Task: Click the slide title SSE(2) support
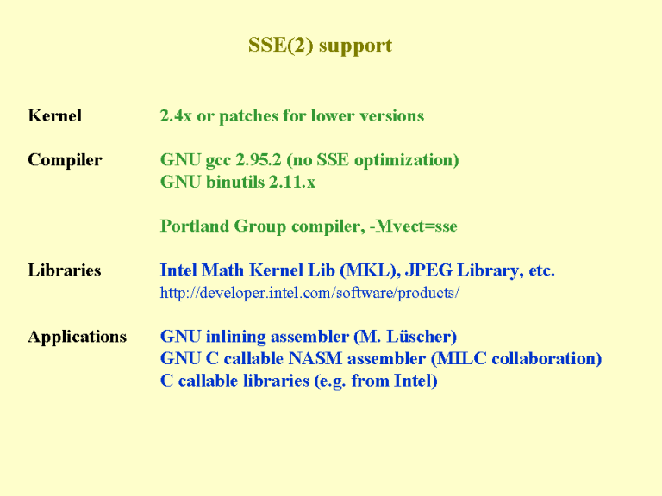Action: click(320, 46)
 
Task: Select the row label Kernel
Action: click(54, 115)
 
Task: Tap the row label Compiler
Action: click(65, 160)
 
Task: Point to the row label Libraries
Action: click(64, 270)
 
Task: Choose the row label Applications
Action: click(78, 337)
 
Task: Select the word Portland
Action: click(195, 226)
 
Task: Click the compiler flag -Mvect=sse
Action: click(414, 226)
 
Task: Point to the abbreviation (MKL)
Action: click(370, 270)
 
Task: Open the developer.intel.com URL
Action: click(309, 293)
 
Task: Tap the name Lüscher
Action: click(422, 337)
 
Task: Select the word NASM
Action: click(315, 358)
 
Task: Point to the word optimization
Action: click(406, 161)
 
